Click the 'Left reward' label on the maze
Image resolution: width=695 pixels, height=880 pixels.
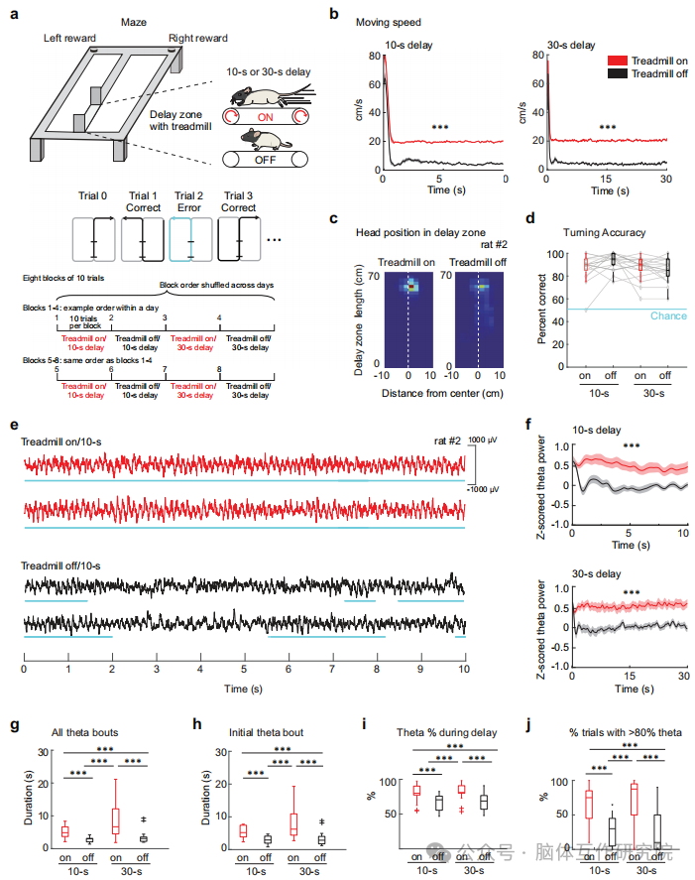pyautogui.click(x=72, y=38)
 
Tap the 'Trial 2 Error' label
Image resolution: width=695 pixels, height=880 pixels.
pyautogui.click(x=191, y=202)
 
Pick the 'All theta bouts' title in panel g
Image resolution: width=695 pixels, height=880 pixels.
pyautogui.click(x=84, y=732)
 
